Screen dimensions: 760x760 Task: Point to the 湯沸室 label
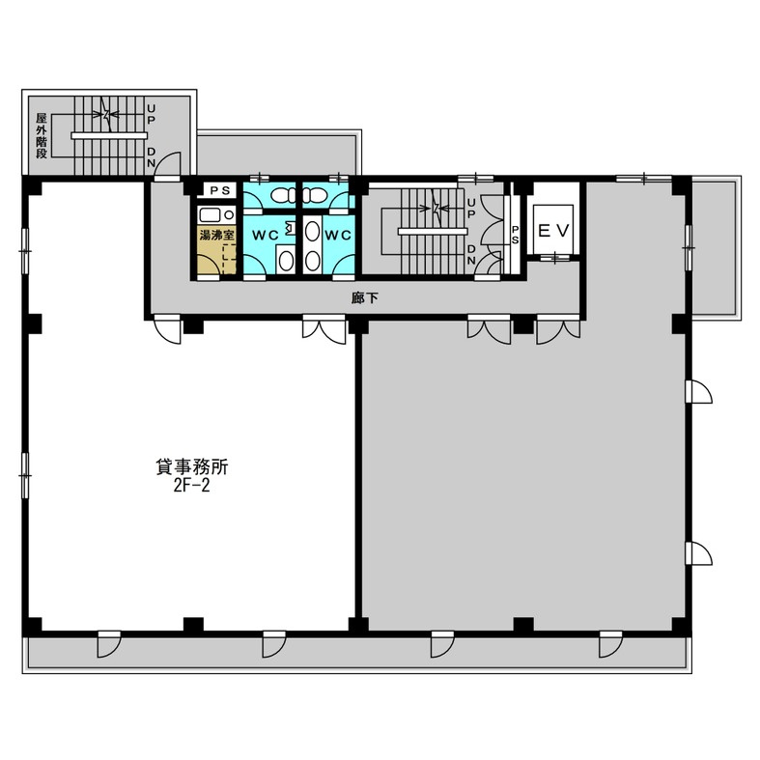(x=217, y=235)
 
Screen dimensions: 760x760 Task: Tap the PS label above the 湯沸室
(x=219, y=190)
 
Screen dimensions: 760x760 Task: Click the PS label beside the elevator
(x=515, y=235)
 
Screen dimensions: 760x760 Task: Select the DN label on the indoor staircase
(x=470, y=254)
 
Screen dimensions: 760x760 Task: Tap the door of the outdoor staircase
(x=168, y=166)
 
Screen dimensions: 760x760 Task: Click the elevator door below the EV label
(x=554, y=259)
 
